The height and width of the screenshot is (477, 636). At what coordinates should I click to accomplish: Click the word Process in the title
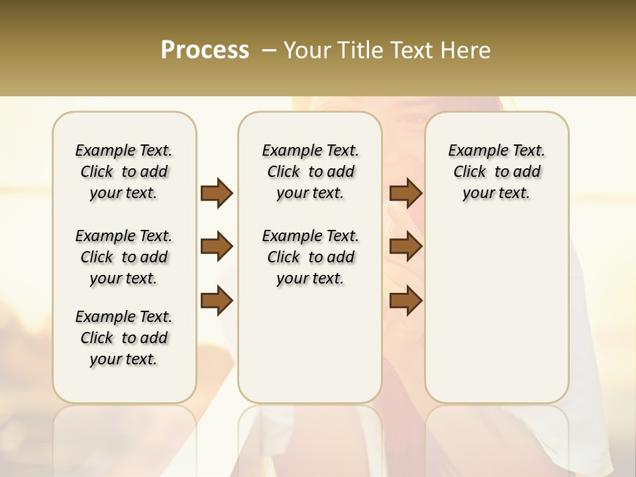click(x=205, y=50)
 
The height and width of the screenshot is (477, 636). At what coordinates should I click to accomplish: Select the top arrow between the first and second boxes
click(x=217, y=193)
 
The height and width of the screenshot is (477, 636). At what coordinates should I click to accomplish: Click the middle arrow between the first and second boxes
click(x=217, y=246)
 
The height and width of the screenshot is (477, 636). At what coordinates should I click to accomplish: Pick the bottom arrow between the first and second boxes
click(x=217, y=301)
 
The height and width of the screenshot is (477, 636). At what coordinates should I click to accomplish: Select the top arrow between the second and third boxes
click(x=405, y=193)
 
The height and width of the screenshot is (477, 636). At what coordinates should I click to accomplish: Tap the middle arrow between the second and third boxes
click(x=405, y=246)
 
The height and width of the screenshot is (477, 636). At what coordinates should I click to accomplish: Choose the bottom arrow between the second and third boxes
click(x=405, y=301)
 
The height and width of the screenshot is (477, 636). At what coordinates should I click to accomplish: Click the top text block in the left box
click(x=124, y=172)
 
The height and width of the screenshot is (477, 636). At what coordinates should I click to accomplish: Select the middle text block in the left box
click(x=124, y=257)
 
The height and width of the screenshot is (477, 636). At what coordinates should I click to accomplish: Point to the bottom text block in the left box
click(x=124, y=338)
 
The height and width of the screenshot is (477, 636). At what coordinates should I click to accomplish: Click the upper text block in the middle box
click(x=310, y=172)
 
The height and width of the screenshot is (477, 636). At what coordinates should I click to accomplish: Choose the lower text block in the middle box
click(x=310, y=257)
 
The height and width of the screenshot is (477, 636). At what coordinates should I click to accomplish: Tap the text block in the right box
click(x=496, y=172)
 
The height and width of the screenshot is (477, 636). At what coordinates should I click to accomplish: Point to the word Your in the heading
click(x=307, y=50)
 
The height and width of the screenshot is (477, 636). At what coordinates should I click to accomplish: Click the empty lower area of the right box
click(x=496, y=311)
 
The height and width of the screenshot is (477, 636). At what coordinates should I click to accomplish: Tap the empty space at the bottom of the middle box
click(x=310, y=351)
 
